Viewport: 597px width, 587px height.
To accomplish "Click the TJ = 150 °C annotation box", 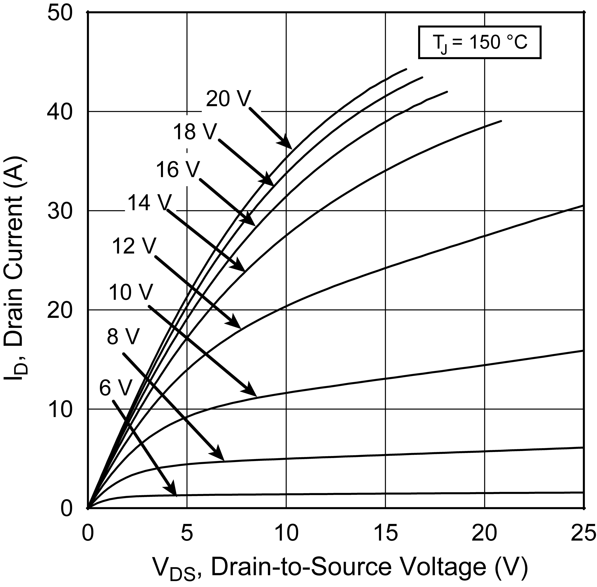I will [x=480, y=42].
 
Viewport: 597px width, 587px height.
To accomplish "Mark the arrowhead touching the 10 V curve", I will [x=256, y=396].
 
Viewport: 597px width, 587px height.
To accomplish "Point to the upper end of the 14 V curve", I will [x=501, y=121].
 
